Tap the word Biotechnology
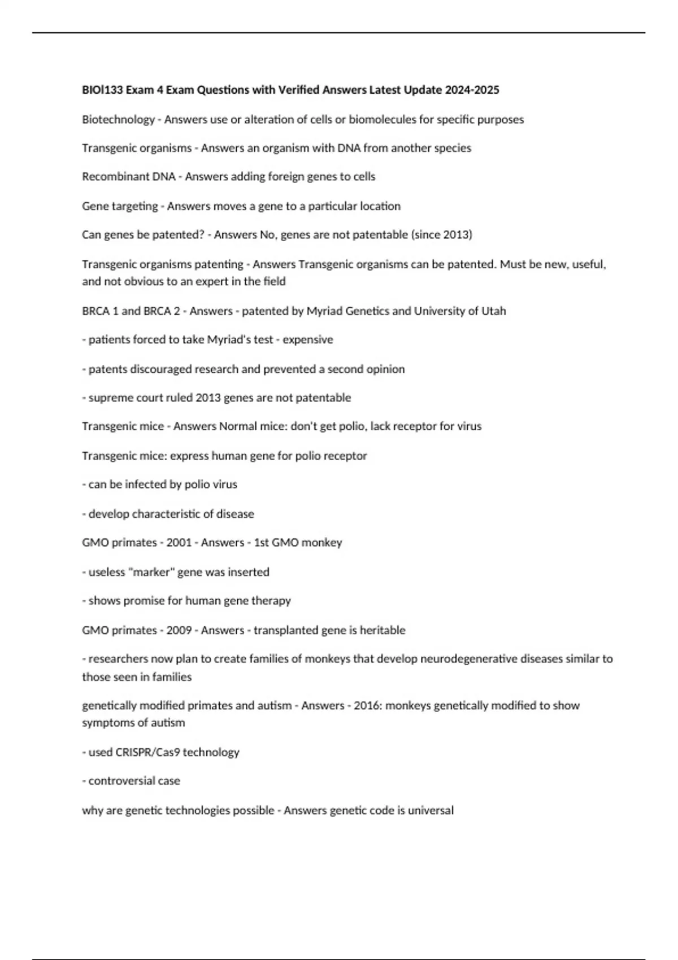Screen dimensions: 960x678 pyautogui.click(x=118, y=119)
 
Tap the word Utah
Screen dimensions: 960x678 pyautogui.click(x=494, y=311)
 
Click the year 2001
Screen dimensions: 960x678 pyautogui.click(x=179, y=542)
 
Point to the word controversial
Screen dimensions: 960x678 pyautogui.click(x=127, y=780)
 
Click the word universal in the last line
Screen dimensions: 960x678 pyautogui.click(x=431, y=810)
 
